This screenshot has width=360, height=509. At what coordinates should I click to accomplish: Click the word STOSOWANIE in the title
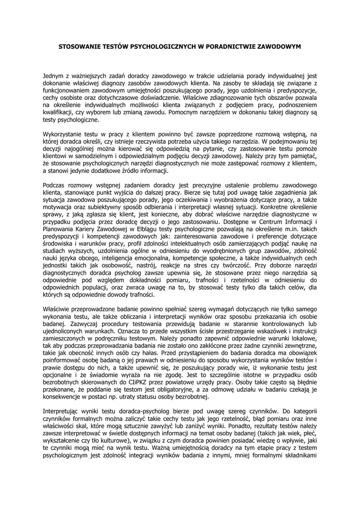click(x=80, y=47)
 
